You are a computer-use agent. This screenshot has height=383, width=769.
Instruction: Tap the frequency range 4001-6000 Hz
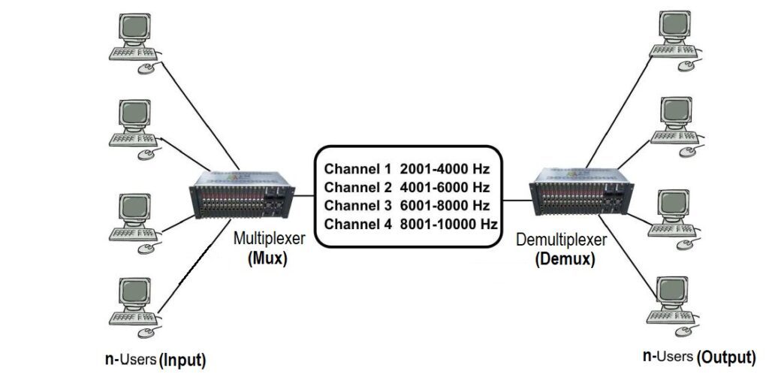click(445, 187)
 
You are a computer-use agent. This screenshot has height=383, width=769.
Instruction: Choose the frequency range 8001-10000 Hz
click(448, 224)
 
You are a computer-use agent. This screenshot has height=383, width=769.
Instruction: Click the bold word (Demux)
click(565, 260)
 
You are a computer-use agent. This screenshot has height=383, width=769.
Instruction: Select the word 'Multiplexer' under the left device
click(269, 240)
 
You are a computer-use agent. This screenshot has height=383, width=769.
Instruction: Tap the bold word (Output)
click(726, 357)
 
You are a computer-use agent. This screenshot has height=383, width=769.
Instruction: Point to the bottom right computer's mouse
click(683, 330)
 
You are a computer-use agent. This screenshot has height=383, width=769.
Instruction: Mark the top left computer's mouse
click(145, 69)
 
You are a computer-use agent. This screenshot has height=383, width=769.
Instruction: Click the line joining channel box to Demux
click(516, 200)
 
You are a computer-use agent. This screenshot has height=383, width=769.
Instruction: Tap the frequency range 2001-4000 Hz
click(445, 168)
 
